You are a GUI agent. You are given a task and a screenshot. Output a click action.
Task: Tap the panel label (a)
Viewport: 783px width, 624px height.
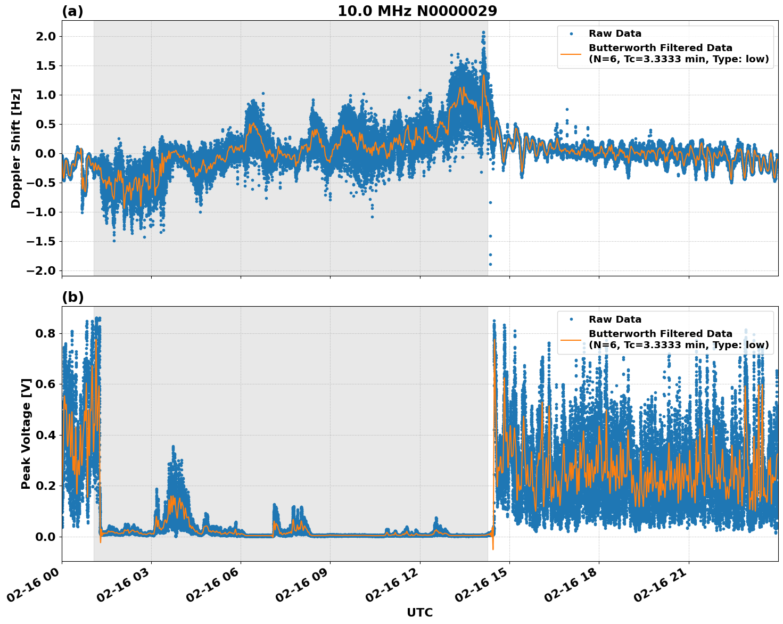pyautogui.click(x=72, y=11)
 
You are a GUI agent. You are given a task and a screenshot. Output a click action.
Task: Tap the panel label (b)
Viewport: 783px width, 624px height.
pyautogui.click(x=72, y=297)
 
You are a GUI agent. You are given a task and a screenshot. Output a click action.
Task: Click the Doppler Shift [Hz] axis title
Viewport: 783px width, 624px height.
pyautogui.click(x=17, y=148)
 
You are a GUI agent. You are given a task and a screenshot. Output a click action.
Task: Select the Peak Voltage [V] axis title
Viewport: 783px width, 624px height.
pyautogui.click(x=26, y=433)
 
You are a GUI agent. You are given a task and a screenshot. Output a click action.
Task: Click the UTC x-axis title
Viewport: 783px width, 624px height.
pyautogui.click(x=419, y=612)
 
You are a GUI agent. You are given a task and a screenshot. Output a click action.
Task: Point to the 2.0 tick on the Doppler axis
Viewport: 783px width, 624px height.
pyautogui.click(x=45, y=37)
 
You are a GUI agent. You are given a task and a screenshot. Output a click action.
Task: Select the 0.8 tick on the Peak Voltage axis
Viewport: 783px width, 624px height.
pyautogui.click(x=45, y=334)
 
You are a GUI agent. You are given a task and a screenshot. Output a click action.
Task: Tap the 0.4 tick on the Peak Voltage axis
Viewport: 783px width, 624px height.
pyautogui.click(x=45, y=435)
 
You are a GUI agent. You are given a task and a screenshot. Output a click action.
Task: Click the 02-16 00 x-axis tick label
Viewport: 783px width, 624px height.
pyautogui.click(x=34, y=586)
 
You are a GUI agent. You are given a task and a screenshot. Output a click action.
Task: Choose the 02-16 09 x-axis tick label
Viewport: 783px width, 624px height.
pyautogui.click(x=302, y=586)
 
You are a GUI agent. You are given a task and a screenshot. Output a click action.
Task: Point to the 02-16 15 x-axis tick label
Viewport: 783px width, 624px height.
pyautogui.click(x=482, y=586)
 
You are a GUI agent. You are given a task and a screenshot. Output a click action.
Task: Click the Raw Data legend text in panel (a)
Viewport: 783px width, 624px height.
pyautogui.click(x=615, y=34)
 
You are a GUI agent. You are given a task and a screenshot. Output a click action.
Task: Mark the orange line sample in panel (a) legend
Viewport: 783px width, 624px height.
pyautogui.click(x=572, y=53)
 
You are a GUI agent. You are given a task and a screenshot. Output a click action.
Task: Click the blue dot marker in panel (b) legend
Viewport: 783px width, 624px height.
pyautogui.click(x=572, y=319)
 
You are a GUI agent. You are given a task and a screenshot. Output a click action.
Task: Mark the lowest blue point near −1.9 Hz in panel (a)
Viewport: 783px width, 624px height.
pyautogui.click(x=490, y=264)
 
